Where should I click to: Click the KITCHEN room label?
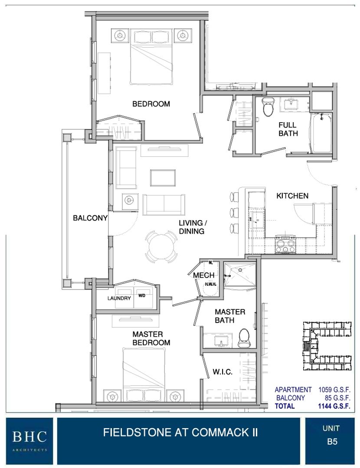click(292, 196)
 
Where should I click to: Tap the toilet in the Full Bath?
click(268, 106)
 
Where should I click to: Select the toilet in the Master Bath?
click(244, 338)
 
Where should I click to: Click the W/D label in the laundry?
click(141, 296)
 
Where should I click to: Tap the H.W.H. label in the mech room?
click(210, 284)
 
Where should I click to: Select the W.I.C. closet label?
click(222, 372)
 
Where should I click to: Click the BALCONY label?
click(90, 218)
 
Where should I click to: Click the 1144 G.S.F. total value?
click(334, 406)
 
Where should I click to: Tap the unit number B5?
click(332, 442)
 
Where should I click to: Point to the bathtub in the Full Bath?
click(321, 133)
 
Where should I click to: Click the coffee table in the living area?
click(163, 178)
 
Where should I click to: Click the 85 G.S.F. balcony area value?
click(337, 398)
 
